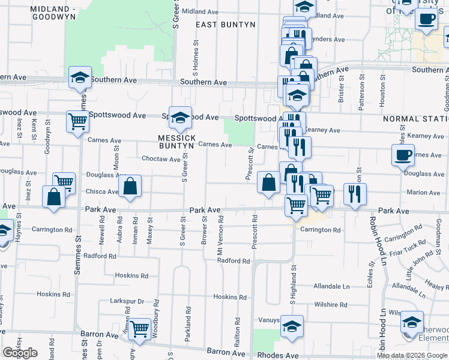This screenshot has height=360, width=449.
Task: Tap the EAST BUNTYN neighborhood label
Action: click(x=226, y=25)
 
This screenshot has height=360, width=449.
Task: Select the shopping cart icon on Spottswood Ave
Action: click(x=77, y=121)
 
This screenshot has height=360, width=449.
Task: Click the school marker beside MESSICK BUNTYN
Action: click(x=179, y=118)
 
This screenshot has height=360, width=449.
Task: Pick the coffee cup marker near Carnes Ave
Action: click(x=403, y=155)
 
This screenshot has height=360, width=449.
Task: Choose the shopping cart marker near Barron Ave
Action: click(x=139, y=328)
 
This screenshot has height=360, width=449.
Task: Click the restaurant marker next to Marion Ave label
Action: click(x=355, y=194)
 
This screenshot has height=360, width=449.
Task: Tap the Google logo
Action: click(x=20, y=353)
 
